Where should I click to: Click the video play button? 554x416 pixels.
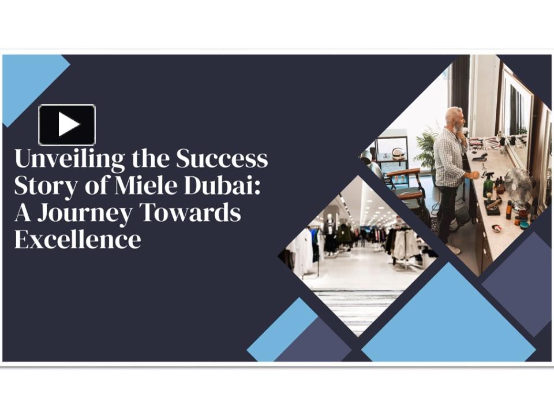pos(67,124)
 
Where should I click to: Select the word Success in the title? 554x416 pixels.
pos(222,158)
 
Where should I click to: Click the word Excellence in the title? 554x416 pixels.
pos(77,239)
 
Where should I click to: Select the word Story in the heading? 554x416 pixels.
pos(42,187)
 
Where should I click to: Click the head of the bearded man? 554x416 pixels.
pos(454,118)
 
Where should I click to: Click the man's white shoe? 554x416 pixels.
pos(454,249)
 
